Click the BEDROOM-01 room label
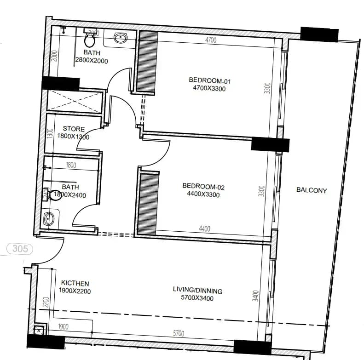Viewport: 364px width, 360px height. pyautogui.click(x=209, y=80)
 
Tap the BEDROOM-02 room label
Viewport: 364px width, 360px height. pyautogui.click(x=203, y=186)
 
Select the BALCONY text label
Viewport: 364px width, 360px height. pyautogui.click(x=311, y=190)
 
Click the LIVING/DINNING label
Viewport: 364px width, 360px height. pyautogui.click(x=197, y=291)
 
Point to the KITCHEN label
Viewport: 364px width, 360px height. pyautogui.click(x=75, y=283)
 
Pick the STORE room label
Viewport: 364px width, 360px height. pyautogui.click(x=74, y=129)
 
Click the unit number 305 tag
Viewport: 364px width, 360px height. pyautogui.click(x=20, y=249)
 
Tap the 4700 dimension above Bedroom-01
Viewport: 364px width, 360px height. pyautogui.click(x=210, y=40)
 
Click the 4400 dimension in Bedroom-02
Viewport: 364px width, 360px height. pyautogui.click(x=205, y=229)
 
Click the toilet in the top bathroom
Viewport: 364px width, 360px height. pyautogui.click(x=90, y=40)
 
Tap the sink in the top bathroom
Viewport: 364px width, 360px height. pyautogui.click(x=121, y=39)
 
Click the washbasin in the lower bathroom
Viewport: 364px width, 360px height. pyautogui.click(x=48, y=219)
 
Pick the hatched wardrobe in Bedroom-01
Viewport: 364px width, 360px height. pyautogui.click(x=148, y=61)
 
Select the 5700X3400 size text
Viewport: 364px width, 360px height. pyautogui.click(x=197, y=298)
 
